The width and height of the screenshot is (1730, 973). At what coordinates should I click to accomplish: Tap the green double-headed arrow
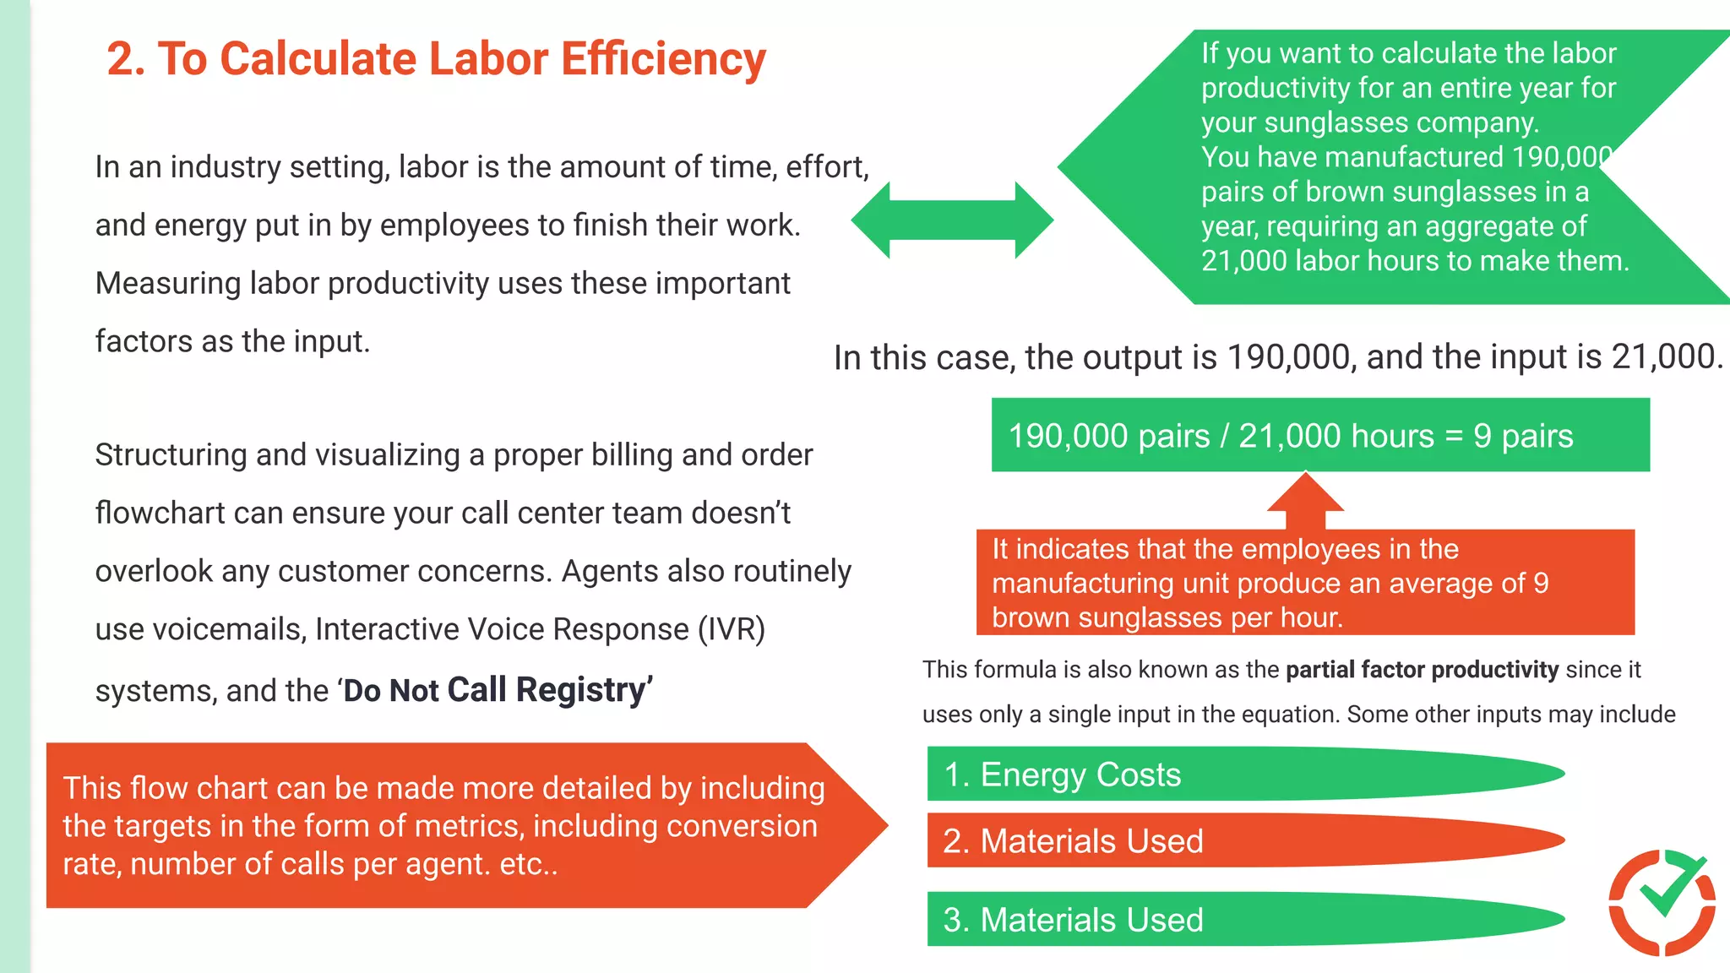point(952,220)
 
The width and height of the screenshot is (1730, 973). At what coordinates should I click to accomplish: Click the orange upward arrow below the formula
point(1305,500)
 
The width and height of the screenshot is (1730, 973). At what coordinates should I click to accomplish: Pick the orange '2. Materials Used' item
point(1073,841)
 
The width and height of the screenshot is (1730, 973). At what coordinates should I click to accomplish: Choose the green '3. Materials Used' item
point(1073,920)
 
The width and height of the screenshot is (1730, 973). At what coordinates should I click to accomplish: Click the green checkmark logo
point(1662,902)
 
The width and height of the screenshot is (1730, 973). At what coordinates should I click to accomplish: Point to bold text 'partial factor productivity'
point(1422,670)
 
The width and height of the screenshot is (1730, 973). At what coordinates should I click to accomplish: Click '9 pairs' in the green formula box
point(1523,437)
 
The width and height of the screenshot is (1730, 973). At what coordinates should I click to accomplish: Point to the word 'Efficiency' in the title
point(663,59)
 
